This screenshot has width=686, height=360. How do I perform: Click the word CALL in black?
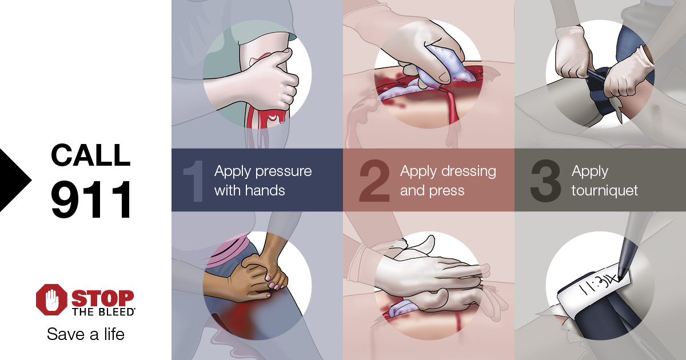pyautogui.click(x=91, y=155)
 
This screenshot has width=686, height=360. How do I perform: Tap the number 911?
pyautogui.click(x=91, y=199)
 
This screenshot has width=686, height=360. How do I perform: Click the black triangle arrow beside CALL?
pyautogui.click(x=15, y=180)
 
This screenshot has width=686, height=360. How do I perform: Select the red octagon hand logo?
pyautogui.click(x=51, y=299)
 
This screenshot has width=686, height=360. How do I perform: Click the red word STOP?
pyautogui.click(x=103, y=298)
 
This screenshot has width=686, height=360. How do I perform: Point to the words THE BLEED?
pyautogui.click(x=103, y=312)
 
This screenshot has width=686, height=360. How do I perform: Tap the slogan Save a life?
pyautogui.click(x=86, y=334)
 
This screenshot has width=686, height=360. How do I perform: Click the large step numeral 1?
pyautogui.click(x=194, y=181)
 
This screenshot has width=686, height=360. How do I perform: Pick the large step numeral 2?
pyautogui.click(x=374, y=181)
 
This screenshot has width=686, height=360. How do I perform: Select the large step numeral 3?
pyautogui.click(x=545, y=181)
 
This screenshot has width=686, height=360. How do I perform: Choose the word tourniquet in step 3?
pyautogui.click(x=605, y=191)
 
